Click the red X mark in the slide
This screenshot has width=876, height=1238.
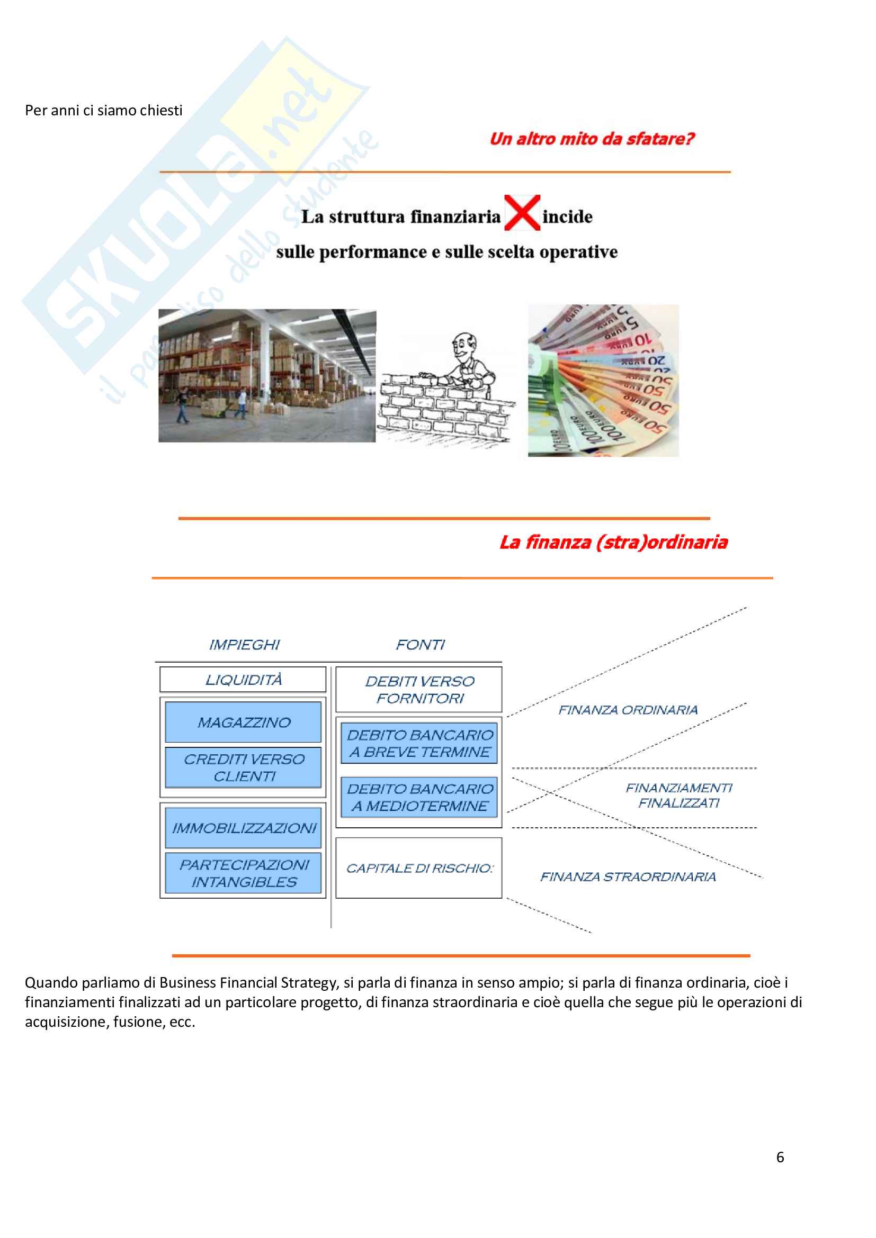point(522,213)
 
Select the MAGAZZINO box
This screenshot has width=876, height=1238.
point(243,722)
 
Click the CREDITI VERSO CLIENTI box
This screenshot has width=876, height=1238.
point(243,767)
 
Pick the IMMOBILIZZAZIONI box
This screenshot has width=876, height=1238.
point(243,828)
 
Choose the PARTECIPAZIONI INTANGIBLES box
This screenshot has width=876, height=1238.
point(243,873)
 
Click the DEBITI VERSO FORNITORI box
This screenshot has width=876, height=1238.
point(419,690)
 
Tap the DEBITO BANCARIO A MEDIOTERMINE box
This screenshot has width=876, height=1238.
point(419,797)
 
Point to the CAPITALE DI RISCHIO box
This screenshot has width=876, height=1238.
point(419,868)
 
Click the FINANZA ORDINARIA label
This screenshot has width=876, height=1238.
point(628,710)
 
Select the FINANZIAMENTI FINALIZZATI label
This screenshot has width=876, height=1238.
point(678,796)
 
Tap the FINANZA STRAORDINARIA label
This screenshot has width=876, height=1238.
point(628,876)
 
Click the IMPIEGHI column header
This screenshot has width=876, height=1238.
point(244,645)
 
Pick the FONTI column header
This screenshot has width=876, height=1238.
point(420,645)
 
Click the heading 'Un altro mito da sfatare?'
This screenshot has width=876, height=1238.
point(592,139)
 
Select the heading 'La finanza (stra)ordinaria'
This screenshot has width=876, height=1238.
point(613,542)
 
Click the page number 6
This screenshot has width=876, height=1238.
point(780,1157)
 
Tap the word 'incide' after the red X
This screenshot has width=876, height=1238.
point(567,217)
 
